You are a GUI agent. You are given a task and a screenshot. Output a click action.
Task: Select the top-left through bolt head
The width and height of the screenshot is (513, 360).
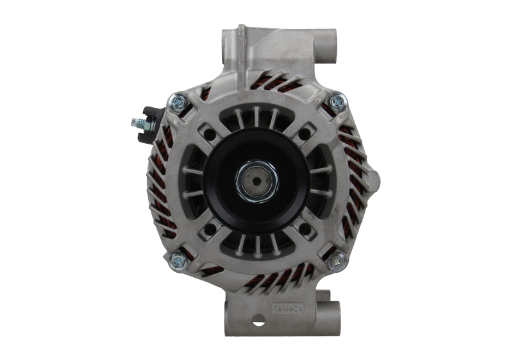coord(178,100)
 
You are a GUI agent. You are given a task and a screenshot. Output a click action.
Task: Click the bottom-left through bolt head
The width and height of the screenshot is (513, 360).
coord(178,260)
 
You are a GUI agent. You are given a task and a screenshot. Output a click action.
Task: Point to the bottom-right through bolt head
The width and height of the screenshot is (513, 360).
coord(336,262)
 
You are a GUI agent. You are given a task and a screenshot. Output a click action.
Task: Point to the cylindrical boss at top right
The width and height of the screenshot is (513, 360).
coord(327,45)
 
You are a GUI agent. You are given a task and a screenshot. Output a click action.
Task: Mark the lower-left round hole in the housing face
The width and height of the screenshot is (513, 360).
coord(210,228)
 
